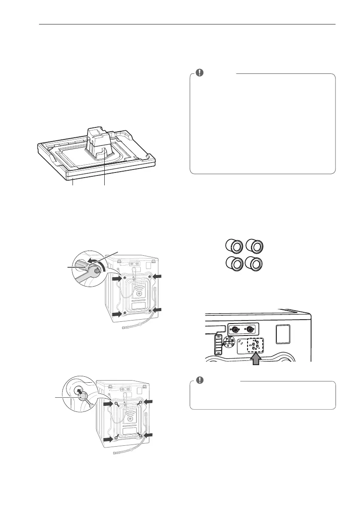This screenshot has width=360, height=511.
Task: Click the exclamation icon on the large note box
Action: (x=199, y=73)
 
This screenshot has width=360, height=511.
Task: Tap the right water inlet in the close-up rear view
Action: (x=250, y=330)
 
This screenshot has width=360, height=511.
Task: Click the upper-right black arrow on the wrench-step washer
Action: (x=157, y=277)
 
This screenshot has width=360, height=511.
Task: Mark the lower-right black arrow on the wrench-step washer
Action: (x=157, y=310)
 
